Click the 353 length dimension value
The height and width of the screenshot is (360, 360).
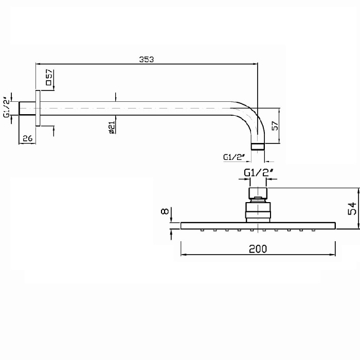pyautogui.click(x=147, y=59)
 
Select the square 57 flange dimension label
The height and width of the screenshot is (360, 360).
pyautogui.click(x=49, y=77)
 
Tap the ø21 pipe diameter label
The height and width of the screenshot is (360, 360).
pyautogui.click(x=112, y=128)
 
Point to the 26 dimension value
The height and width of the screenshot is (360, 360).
pyautogui.click(x=28, y=138)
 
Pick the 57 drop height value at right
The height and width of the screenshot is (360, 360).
pyautogui.click(x=275, y=125)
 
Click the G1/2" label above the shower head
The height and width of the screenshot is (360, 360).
pyautogui.click(x=258, y=172)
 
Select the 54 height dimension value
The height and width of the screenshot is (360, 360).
pyautogui.click(x=352, y=208)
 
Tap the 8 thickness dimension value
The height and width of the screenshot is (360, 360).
pyautogui.click(x=165, y=211)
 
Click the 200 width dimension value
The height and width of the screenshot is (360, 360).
pyautogui.click(x=258, y=249)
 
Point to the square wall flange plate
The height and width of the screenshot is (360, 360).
pyautogui.click(x=38, y=108)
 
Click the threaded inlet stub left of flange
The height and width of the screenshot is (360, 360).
pyautogui.click(x=27, y=108)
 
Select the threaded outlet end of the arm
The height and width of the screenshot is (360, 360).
pyautogui.click(x=258, y=147)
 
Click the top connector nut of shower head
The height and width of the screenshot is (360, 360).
pyautogui.click(x=258, y=193)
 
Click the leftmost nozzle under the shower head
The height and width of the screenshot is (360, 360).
pyautogui.click(x=202, y=230)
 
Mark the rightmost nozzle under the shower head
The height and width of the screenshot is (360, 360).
pyautogui.click(x=313, y=230)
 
